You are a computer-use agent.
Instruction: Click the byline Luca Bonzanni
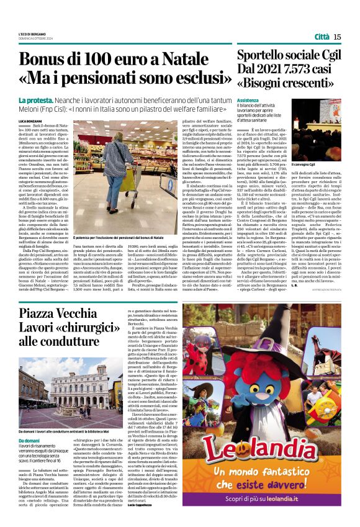[x=31, y=120]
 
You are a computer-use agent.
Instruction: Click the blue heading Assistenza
[x=247, y=100]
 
